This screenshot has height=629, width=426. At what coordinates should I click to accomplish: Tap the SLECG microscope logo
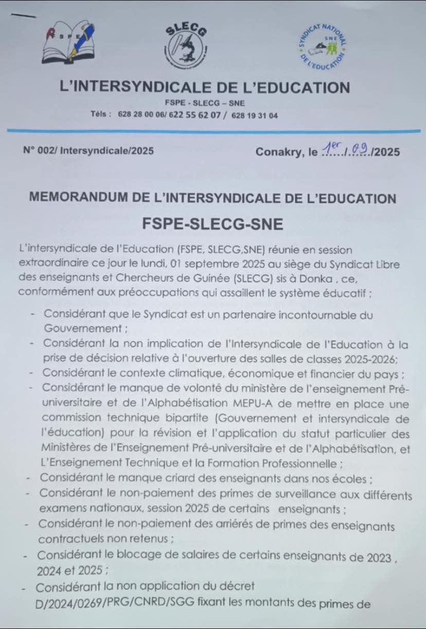click(186, 47)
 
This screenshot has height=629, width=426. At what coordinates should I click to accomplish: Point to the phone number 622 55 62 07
click(196, 116)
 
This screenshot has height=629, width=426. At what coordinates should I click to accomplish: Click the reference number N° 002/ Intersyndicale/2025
click(88, 151)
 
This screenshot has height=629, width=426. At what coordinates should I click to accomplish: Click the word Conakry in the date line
click(278, 152)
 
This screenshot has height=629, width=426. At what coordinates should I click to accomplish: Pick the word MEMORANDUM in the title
click(81, 198)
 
